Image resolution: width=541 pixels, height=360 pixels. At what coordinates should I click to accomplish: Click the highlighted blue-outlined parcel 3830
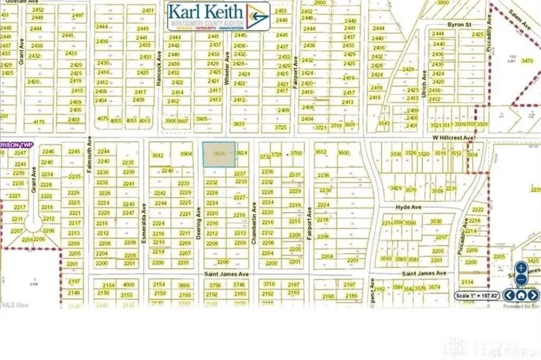[219, 154]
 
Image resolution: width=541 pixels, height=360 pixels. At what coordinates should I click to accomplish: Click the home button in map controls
[521, 295]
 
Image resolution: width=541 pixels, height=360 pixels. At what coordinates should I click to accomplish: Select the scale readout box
[477, 296]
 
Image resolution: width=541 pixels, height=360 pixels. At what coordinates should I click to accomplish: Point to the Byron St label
[460, 25]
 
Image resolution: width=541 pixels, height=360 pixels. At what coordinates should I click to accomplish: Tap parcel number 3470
[527, 61]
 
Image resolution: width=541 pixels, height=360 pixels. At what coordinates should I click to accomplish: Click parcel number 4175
[39, 122]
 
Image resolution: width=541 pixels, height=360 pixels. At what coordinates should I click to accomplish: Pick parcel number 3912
[159, 155]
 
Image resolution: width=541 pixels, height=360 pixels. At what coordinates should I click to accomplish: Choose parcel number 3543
[384, 123]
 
